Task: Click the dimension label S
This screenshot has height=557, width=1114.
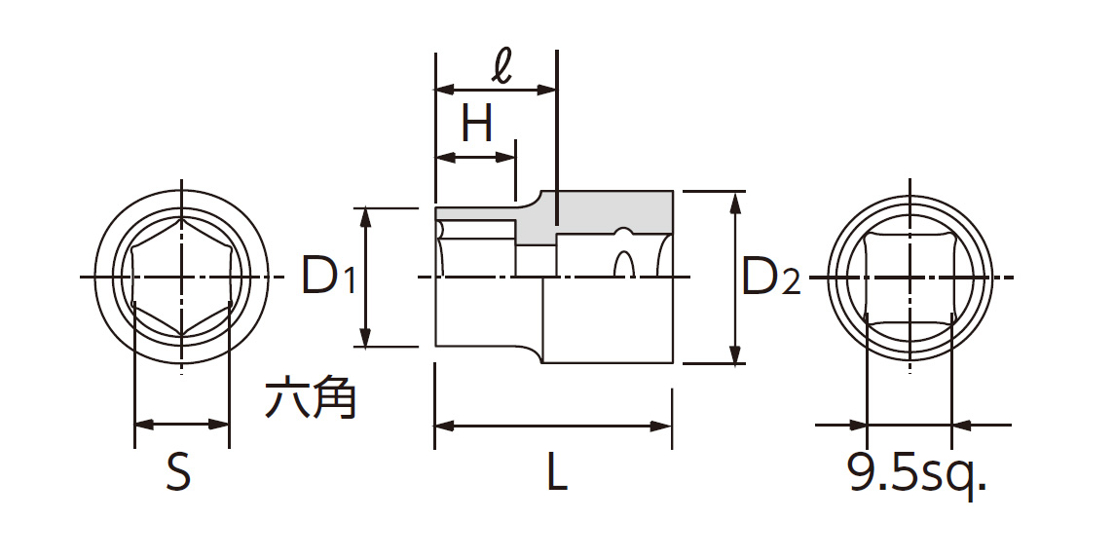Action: point(179,474)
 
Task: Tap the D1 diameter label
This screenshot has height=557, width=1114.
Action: point(327,278)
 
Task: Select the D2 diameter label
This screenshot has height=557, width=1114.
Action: point(770,278)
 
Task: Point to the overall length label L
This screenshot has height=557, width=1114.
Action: point(555,474)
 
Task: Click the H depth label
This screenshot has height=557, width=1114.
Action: point(477,125)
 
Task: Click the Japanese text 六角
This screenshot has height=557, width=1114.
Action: point(311,398)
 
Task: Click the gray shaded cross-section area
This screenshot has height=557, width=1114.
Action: point(604,210)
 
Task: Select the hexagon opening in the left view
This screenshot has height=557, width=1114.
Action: point(181,278)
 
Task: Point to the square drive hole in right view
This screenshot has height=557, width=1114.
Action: point(909,278)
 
